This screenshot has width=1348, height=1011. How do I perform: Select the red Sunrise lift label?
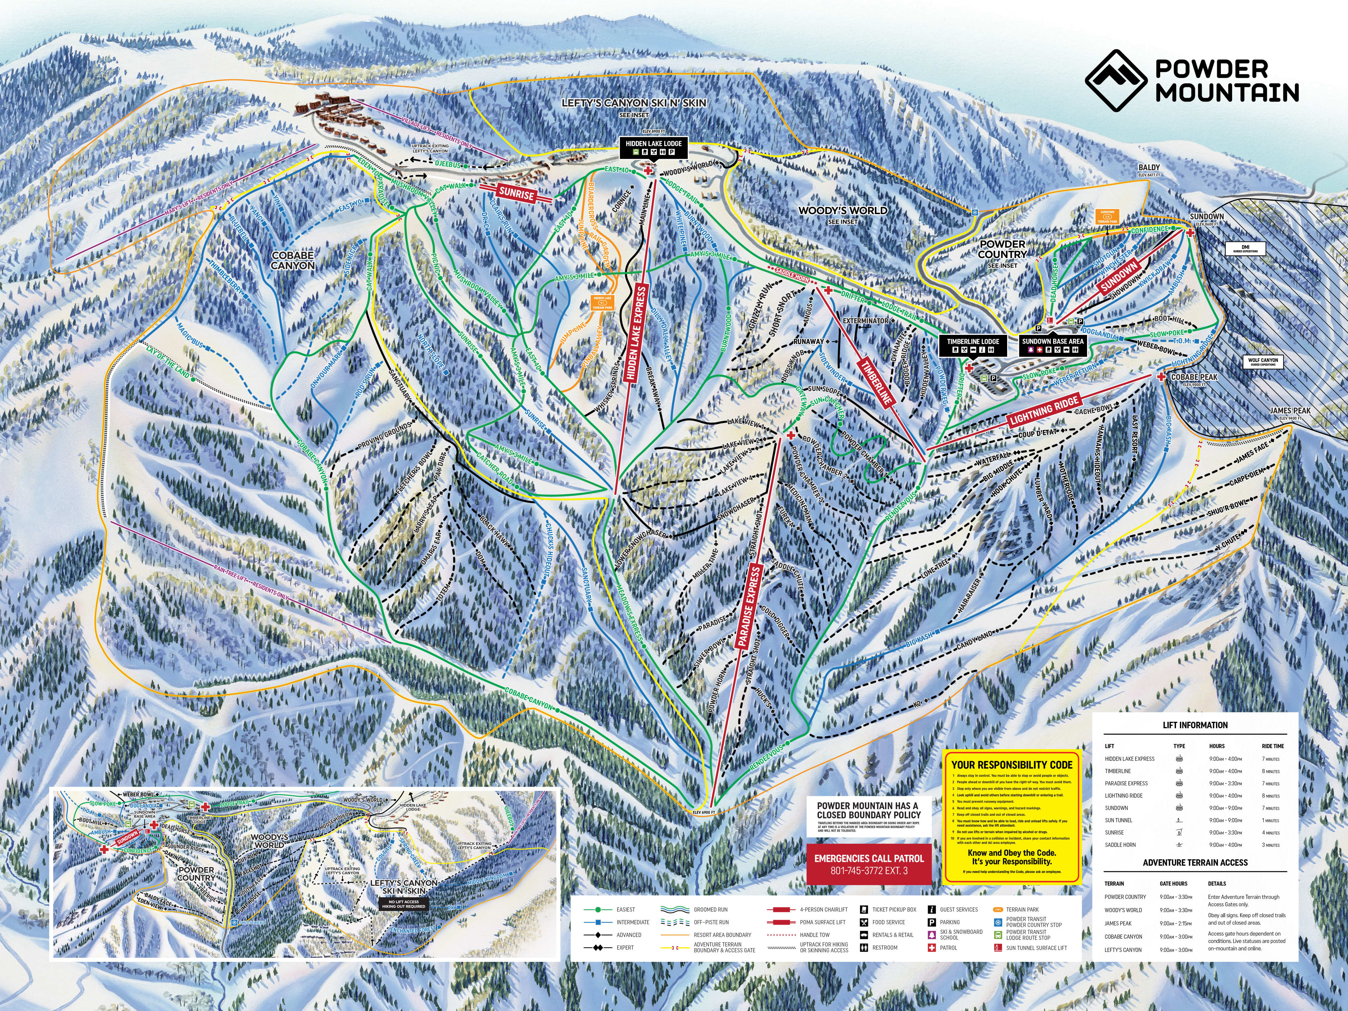click(516, 193)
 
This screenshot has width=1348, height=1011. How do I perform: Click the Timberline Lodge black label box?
click(973, 345)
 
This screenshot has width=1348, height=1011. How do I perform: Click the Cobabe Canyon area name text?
click(293, 260)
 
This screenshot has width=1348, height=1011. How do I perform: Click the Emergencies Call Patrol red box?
click(869, 864)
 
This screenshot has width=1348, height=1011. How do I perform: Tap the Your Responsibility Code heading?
click(1012, 765)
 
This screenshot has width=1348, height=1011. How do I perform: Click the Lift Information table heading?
click(1195, 725)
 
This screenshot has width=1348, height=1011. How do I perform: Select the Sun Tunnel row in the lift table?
click(1119, 820)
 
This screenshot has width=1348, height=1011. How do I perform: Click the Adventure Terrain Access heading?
click(1195, 862)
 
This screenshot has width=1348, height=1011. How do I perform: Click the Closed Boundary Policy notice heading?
click(868, 810)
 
